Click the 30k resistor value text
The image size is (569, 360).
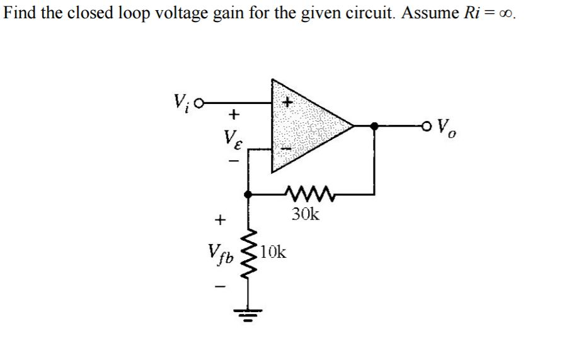point(306,214)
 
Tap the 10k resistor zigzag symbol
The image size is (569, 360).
point(250,259)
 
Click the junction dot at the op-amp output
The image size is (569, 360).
point(376,125)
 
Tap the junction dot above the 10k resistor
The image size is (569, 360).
point(250,195)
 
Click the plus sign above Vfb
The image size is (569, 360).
point(219,220)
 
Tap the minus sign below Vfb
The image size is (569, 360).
point(219,287)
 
